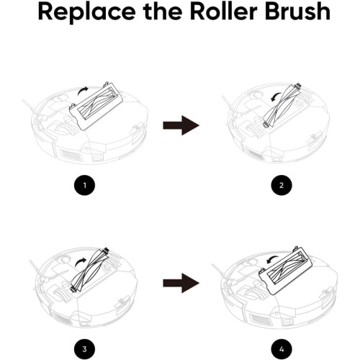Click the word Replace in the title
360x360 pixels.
pos(86,12)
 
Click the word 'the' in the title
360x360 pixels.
pos(163,12)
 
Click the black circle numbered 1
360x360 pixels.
pos(84,185)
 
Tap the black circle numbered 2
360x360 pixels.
pos(282,185)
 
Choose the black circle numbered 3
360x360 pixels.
pos(84,349)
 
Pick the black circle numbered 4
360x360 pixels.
pos(282,349)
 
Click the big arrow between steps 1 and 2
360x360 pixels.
pos(181,125)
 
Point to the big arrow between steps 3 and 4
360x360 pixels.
pos(181,283)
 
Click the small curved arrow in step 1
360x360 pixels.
pos(82,90)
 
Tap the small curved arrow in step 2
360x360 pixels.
pos(276,96)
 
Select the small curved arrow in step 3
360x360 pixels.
pos(80,261)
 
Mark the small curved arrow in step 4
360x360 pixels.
pos(271,259)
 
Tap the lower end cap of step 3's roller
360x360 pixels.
pos(74,288)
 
